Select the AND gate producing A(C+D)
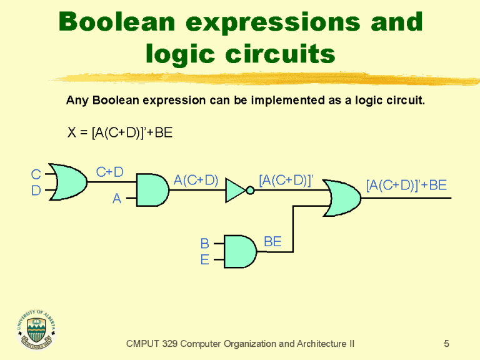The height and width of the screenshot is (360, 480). tap(152, 191)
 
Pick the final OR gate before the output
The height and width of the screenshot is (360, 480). tap(341, 198)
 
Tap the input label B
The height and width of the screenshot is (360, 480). tap(204, 243)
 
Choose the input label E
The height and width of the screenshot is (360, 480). tap(204, 259)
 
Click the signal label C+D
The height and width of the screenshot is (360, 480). tap(109, 171)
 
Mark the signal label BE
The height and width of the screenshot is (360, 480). tap(272, 241)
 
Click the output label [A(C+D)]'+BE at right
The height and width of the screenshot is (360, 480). tap(406, 184)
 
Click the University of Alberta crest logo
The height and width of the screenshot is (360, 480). tap(39, 329)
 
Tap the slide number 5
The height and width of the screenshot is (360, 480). tap(446, 343)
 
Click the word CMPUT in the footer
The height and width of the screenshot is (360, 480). tap(142, 343)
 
